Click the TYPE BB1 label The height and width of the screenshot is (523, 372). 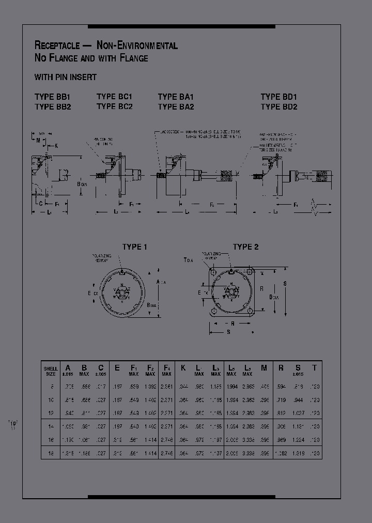point(52,97)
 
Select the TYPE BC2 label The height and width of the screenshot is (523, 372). point(114,106)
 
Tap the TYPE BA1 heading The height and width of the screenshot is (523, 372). point(176,97)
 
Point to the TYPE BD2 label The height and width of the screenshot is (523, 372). point(279,107)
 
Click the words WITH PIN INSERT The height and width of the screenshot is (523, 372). point(66,77)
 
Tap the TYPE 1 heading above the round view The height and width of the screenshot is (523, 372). point(134,247)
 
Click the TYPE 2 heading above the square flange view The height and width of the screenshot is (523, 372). point(245,247)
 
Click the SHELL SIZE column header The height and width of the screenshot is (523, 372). point(51,370)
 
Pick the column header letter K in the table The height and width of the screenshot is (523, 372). point(183,368)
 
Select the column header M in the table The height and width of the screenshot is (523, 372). point(264,368)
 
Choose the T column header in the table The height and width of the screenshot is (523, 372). point(314,368)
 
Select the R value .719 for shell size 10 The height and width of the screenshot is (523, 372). point(281,399)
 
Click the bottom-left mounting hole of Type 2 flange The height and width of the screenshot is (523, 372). point(213,311)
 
